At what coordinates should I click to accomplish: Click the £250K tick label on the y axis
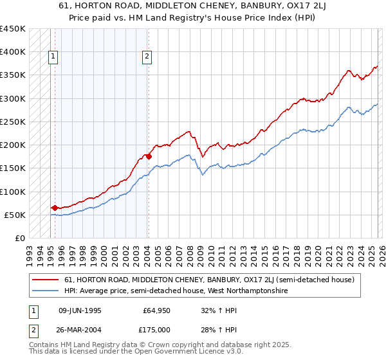point(13,122)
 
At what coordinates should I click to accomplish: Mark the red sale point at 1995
point(55,208)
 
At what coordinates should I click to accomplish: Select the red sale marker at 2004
point(149,156)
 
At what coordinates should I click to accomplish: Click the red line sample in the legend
point(46,280)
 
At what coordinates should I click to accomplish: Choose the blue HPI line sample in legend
point(46,291)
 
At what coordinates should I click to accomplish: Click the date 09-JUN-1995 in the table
point(79,310)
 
